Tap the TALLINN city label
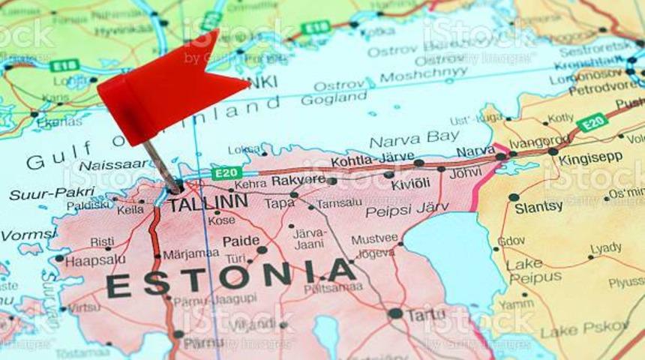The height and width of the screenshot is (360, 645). coord(208,202)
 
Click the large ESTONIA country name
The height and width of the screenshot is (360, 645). coord(230,278)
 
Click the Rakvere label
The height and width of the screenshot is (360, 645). coord(298,180)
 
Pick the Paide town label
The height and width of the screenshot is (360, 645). coord(241,241)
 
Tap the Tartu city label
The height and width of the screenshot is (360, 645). coord(426,315)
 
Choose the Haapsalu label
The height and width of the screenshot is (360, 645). coord(95,260)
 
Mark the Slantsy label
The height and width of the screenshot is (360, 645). coord(538,208)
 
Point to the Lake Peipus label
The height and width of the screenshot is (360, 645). coord(534,270)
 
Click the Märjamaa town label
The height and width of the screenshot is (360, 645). coord(191,253)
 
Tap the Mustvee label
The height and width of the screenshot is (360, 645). coord(374,238)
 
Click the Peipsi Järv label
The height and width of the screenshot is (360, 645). coord(407,210)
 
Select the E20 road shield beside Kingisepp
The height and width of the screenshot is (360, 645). coord(592,121)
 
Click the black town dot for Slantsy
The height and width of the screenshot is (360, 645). coord(514,197)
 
